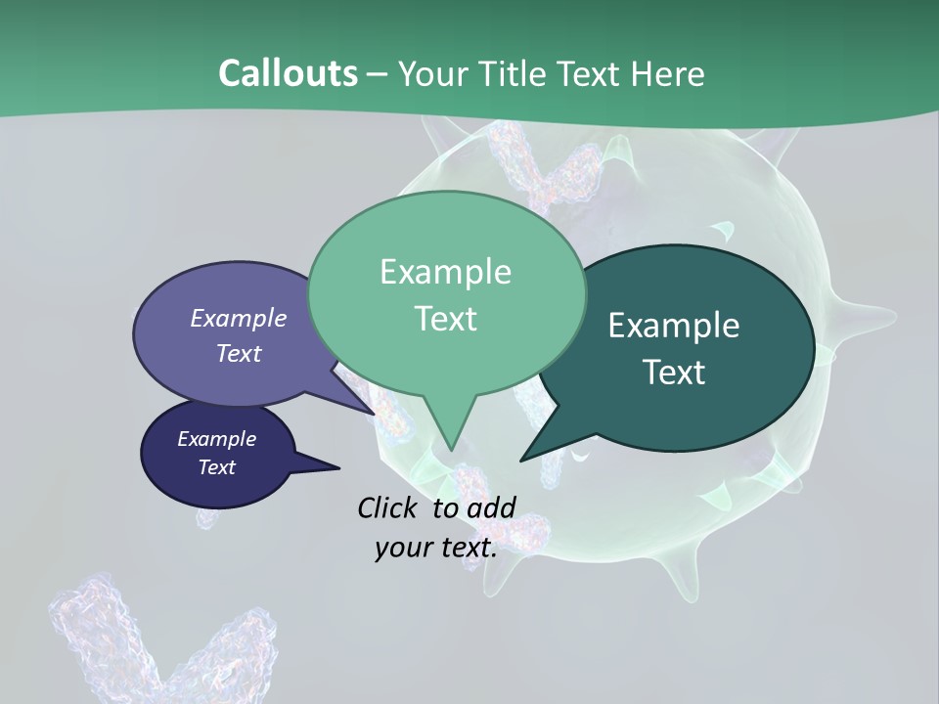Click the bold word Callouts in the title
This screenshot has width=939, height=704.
288,73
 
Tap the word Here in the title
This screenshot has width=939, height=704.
671,73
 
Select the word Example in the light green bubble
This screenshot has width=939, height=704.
445,272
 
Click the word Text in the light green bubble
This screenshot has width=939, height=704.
445,319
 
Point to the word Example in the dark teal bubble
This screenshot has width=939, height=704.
674,326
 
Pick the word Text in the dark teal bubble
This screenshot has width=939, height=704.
674,373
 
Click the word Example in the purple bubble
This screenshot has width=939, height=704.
239,318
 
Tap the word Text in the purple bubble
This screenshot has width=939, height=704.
239,353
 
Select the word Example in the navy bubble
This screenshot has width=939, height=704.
216,439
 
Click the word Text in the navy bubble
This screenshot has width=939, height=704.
216,467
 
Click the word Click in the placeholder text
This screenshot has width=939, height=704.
390,507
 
